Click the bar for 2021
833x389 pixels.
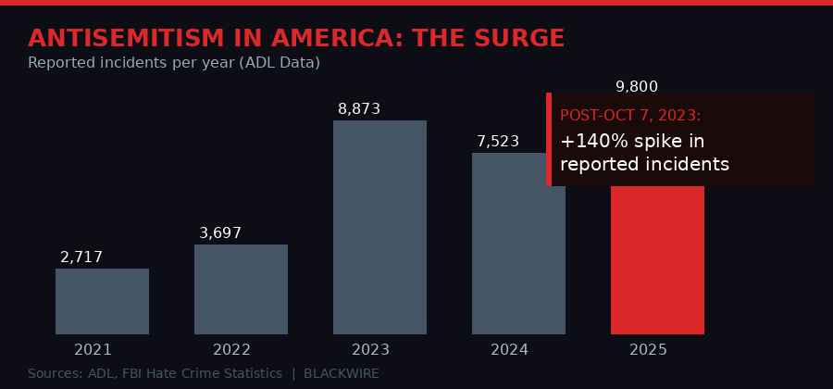point(102,301)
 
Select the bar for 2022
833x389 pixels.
point(241,289)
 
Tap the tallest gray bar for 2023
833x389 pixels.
point(379,227)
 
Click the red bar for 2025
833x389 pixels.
point(657,259)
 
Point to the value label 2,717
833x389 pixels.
point(81,257)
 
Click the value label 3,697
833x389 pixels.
point(220,233)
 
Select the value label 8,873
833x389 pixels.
point(359,109)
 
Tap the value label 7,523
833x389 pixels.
point(498,142)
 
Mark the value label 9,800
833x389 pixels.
point(637,87)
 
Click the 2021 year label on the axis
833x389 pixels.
point(93,350)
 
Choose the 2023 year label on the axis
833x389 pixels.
point(370,350)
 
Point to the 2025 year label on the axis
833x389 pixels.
point(648,350)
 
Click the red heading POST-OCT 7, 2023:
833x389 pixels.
point(630,116)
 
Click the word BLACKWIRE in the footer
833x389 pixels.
point(342,373)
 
